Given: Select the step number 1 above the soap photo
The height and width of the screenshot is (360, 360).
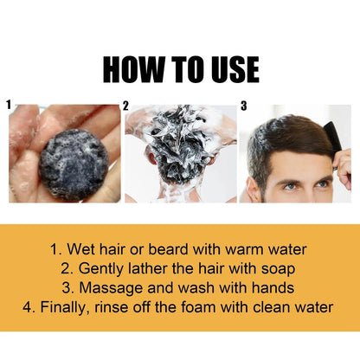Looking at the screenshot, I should [10, 104].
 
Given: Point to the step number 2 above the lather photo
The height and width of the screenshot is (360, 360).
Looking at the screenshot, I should [125, 106].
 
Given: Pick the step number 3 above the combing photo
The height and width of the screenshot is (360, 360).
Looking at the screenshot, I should [243, 106].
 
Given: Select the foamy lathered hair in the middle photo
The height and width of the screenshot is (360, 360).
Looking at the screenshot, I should [179, 138].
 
